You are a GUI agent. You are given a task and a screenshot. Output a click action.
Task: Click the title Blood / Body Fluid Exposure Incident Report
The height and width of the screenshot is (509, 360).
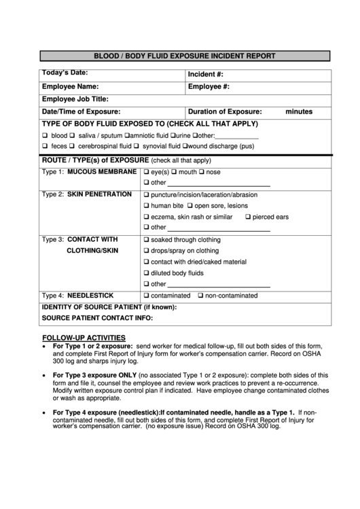tap(184, 56)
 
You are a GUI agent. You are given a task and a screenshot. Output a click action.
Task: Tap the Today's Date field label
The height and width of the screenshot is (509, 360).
tap(65, 73)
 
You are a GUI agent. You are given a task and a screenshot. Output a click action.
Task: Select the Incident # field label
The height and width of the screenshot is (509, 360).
tap(206, 74)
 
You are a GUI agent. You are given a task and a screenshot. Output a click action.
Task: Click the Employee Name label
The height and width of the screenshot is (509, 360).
tap(71, 87)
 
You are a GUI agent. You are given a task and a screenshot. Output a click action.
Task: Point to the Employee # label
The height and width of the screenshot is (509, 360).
tap(209, 87)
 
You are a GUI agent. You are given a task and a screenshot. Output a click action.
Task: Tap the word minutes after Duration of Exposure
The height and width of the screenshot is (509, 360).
tap(299, 111)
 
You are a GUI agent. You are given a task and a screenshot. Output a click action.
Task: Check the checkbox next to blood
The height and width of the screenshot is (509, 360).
tap(45, 136)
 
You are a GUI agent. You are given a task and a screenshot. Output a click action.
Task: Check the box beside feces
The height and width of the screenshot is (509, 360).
tap(45, 146)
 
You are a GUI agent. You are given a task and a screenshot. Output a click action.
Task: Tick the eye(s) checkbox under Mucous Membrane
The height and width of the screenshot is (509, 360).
tap(146, 173)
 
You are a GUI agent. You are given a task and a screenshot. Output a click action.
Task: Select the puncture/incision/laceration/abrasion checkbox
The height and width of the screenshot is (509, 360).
tap(146, 195)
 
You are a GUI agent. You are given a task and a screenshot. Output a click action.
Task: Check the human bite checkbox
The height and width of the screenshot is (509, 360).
tap(146, 206)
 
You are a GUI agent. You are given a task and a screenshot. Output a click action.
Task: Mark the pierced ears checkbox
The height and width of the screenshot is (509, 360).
tap(247, 217)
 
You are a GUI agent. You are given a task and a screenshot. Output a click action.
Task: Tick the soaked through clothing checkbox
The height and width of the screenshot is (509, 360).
tap(146, 240)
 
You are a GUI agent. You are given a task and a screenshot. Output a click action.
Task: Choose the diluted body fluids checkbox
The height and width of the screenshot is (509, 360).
tap(146, 273)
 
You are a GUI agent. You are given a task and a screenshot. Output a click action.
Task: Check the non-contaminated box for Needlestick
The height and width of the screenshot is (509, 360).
tap(200, 296)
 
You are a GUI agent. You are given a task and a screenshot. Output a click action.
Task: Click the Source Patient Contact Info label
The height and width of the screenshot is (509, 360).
tap(97, 318)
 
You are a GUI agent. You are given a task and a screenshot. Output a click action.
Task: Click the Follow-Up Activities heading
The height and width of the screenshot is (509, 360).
tap(84, 338)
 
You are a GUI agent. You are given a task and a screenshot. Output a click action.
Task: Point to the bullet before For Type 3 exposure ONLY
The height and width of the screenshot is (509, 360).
tap(45, 375)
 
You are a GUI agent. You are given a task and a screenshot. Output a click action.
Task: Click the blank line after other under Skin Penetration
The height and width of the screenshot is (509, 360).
tap(219, 229)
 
